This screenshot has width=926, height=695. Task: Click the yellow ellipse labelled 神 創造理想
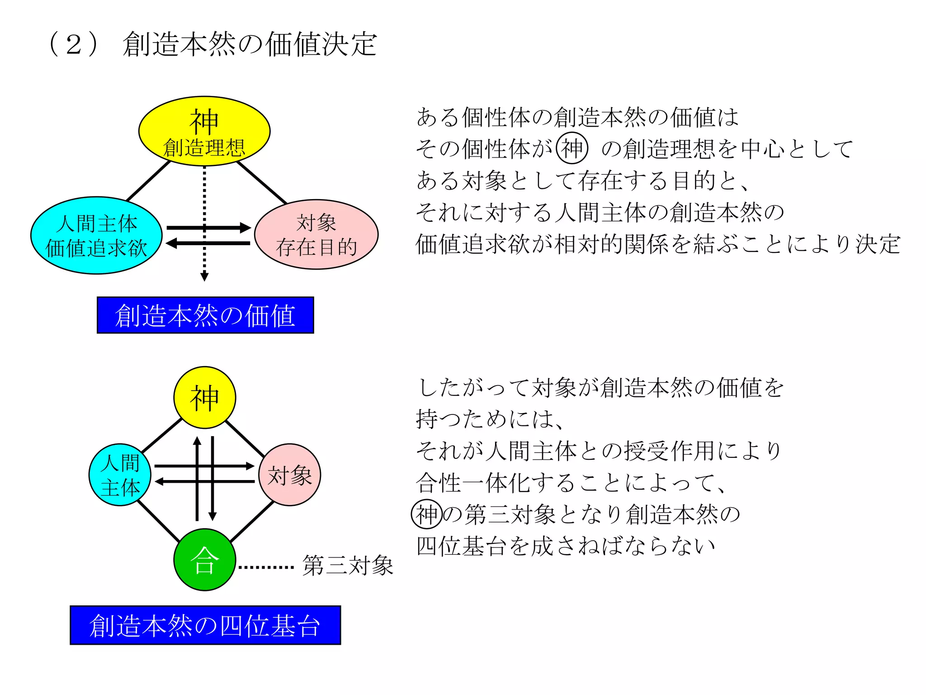coord(204,131)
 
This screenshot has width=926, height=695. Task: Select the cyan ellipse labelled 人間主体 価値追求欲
coord(96,235)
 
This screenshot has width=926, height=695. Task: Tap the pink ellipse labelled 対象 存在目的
coord(317,234)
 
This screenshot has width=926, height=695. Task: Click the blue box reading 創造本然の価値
coord(205,315)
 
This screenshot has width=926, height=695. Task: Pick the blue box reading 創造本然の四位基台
coord(205,625)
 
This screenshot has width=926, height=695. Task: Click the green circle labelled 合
coord(205,560)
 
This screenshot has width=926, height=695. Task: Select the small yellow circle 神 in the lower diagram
coord(205,397)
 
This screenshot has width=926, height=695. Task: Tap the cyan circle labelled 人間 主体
coord(120,475)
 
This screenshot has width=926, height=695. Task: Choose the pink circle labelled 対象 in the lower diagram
coord(290,475)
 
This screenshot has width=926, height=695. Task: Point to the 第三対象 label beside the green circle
coord(348,566)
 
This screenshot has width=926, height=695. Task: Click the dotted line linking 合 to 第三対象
coord(266,566)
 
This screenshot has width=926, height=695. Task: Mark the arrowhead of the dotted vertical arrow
coord(204,276)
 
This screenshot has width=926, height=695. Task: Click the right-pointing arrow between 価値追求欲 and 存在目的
coord(208,228)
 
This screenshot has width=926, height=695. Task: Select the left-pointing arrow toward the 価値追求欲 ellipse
coord(208,243)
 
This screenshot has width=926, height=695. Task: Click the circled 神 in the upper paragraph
coord(572,148)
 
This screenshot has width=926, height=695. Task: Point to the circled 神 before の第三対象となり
coord(427,514)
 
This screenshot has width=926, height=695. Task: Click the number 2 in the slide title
coord(74,44)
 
